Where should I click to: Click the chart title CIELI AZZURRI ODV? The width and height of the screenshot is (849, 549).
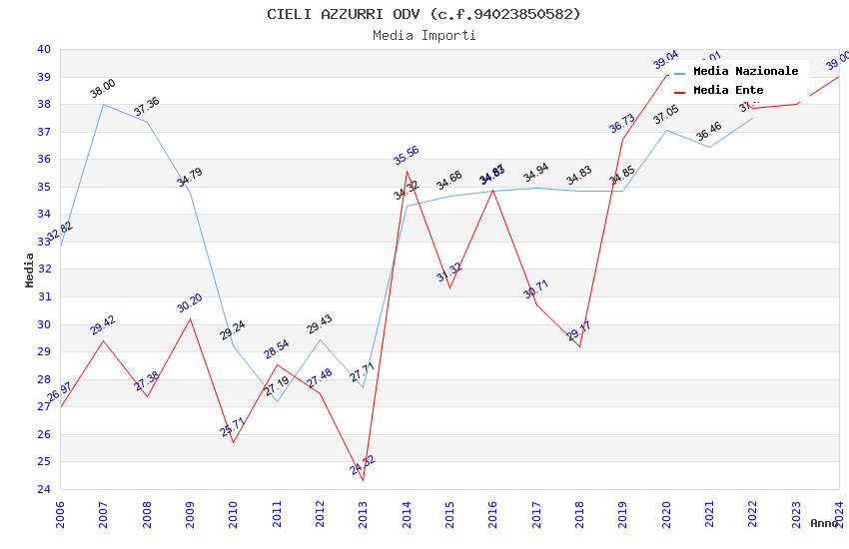click(x=424, y=14)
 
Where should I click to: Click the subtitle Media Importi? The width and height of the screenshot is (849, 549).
click(x=424, y=36)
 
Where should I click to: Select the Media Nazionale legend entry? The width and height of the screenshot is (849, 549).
click(x=745, y=72)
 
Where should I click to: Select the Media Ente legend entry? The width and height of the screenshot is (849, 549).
click(x=728, y=91)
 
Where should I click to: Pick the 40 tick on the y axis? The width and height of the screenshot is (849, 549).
click(x=44, y=49)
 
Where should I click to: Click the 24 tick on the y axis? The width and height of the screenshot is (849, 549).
click(x=44, y=489)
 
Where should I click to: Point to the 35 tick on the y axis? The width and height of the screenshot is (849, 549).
click(x=44, y=187)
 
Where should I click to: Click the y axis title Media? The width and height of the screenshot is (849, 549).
click(x=30, y=270)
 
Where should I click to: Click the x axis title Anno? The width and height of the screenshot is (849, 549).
click(x=824, y=523)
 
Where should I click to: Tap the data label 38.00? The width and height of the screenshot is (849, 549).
click(x=103, y=89)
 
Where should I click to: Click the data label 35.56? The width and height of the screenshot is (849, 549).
click(x=407, y=156)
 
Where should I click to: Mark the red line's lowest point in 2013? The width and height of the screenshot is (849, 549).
click(x=363, y=480)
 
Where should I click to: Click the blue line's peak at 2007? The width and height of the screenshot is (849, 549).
click(x=103, y=104)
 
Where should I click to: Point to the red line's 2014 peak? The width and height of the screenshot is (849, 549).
click(x=407, y=172)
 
